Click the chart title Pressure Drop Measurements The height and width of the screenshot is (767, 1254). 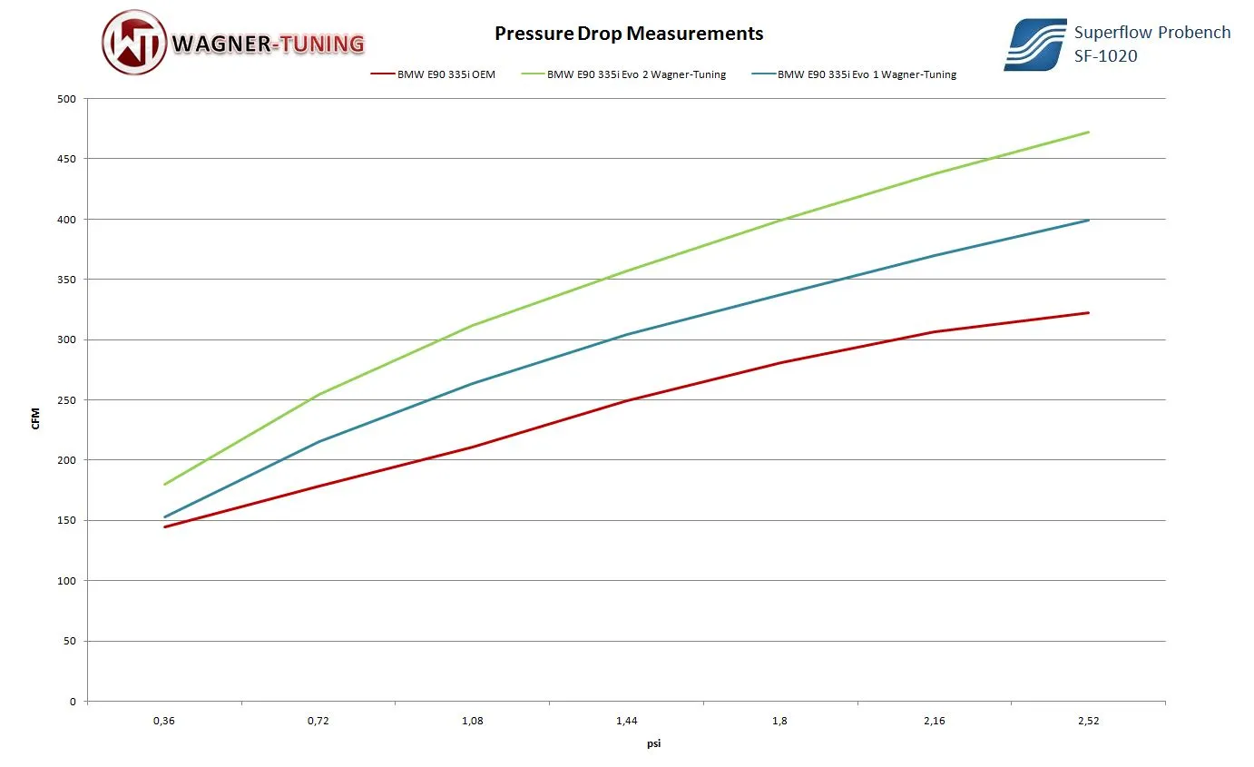click(x=628, y=34)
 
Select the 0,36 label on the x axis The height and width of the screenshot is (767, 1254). click(x=164, y=722)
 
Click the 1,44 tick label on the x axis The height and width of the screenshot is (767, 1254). click(x=626, y=722)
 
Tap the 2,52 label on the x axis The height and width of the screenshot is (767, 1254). click(x=1088, y=722)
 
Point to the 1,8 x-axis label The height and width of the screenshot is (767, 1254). click(x=780, y=722)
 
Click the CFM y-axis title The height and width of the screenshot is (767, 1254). click(x=36, y=418)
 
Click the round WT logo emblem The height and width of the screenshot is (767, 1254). click(x=133, y=43)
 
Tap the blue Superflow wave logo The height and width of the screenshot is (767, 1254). click(x=1034, y=45)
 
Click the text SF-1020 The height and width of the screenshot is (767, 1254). click(x=1105, y=56)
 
